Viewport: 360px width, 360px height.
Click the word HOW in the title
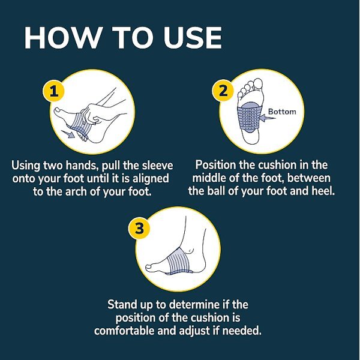[x=64, y=38]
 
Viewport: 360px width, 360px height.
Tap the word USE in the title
[x=193, y=38]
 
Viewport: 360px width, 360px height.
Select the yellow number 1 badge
[x=54, y=91]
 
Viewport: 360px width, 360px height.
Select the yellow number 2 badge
[x=223, y=91]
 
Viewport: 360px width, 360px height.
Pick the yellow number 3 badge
[x=139, y=229]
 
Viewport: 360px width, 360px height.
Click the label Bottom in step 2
[x=282, y=112]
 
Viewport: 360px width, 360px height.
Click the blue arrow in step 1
[x=68, y=134]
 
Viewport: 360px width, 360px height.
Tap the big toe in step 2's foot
[x=258, y=83]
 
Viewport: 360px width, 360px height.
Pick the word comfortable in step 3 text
[x=124, y=331]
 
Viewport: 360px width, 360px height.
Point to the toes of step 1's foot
[x=59, y=112]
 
